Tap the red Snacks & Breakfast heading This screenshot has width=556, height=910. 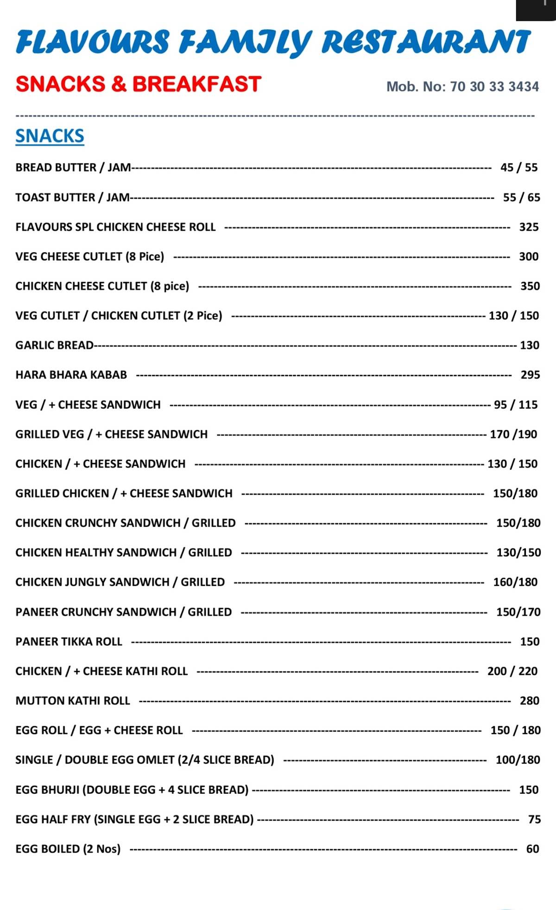139,84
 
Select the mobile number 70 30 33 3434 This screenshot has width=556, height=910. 494,87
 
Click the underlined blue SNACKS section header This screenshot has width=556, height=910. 50,136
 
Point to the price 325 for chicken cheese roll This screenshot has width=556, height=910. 529,227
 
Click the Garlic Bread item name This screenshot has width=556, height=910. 54,345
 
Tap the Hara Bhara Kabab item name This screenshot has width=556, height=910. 71,375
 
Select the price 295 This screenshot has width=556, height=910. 530,375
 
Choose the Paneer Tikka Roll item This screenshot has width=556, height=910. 69,641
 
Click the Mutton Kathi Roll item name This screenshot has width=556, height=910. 73,701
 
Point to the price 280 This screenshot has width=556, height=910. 529,701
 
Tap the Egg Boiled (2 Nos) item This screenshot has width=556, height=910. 68,849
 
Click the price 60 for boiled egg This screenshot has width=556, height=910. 532,849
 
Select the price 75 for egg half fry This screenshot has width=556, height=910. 534,819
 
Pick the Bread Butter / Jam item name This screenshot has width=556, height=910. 73,168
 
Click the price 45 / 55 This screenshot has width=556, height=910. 519,168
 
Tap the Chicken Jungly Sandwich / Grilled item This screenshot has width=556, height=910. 120,582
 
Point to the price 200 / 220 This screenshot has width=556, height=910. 512,671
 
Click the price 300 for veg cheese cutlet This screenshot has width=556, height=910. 529,257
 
